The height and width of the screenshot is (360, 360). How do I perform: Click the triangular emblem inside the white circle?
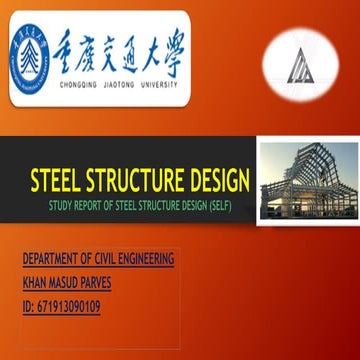click(300, 65)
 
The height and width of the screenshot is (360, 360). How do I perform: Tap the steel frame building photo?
click(306, 180)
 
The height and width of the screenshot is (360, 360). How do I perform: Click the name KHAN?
click(35, 283)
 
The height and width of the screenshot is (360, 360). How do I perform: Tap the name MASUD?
click(70, 283)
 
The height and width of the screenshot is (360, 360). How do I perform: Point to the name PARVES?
click(108, 283)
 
